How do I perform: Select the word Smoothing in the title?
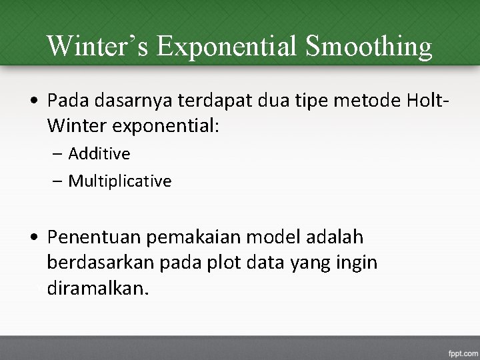[368, 46]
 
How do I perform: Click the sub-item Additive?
[99, 154]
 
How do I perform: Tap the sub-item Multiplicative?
[120, 181]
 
